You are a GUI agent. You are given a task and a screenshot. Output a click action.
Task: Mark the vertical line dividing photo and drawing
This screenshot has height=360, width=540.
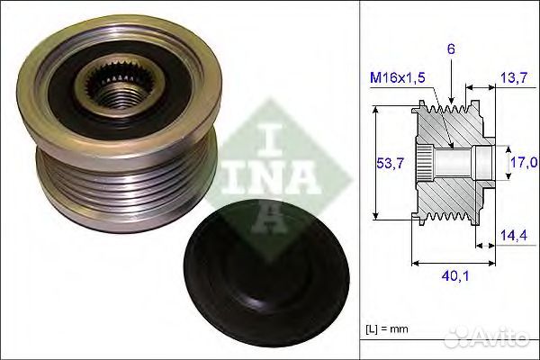pos(358,180)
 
